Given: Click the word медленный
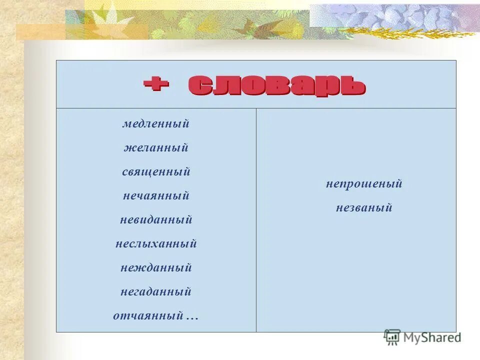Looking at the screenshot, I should point(156,124).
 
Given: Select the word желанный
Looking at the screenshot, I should point(156,148).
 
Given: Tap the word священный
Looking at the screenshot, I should point(156,172).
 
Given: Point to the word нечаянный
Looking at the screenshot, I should point(156,196).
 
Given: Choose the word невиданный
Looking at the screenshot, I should point(156,220).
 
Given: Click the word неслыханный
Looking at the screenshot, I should point(156,244).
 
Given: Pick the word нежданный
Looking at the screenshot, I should point(156,268).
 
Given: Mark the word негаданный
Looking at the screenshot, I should point(156,292).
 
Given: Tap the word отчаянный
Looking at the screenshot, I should point(148,316).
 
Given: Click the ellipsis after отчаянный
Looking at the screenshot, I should point(192,317).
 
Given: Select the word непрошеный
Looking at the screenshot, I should point(364,184).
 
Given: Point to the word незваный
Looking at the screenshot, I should point(364,208).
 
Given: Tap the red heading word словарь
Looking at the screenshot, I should point(277,85).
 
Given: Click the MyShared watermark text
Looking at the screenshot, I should point(432,337).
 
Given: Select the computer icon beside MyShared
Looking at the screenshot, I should point(392,337).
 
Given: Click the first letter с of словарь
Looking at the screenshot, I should point(200,85).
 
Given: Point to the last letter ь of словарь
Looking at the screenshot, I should point(352,85).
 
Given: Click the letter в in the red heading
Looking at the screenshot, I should point(277,85).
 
